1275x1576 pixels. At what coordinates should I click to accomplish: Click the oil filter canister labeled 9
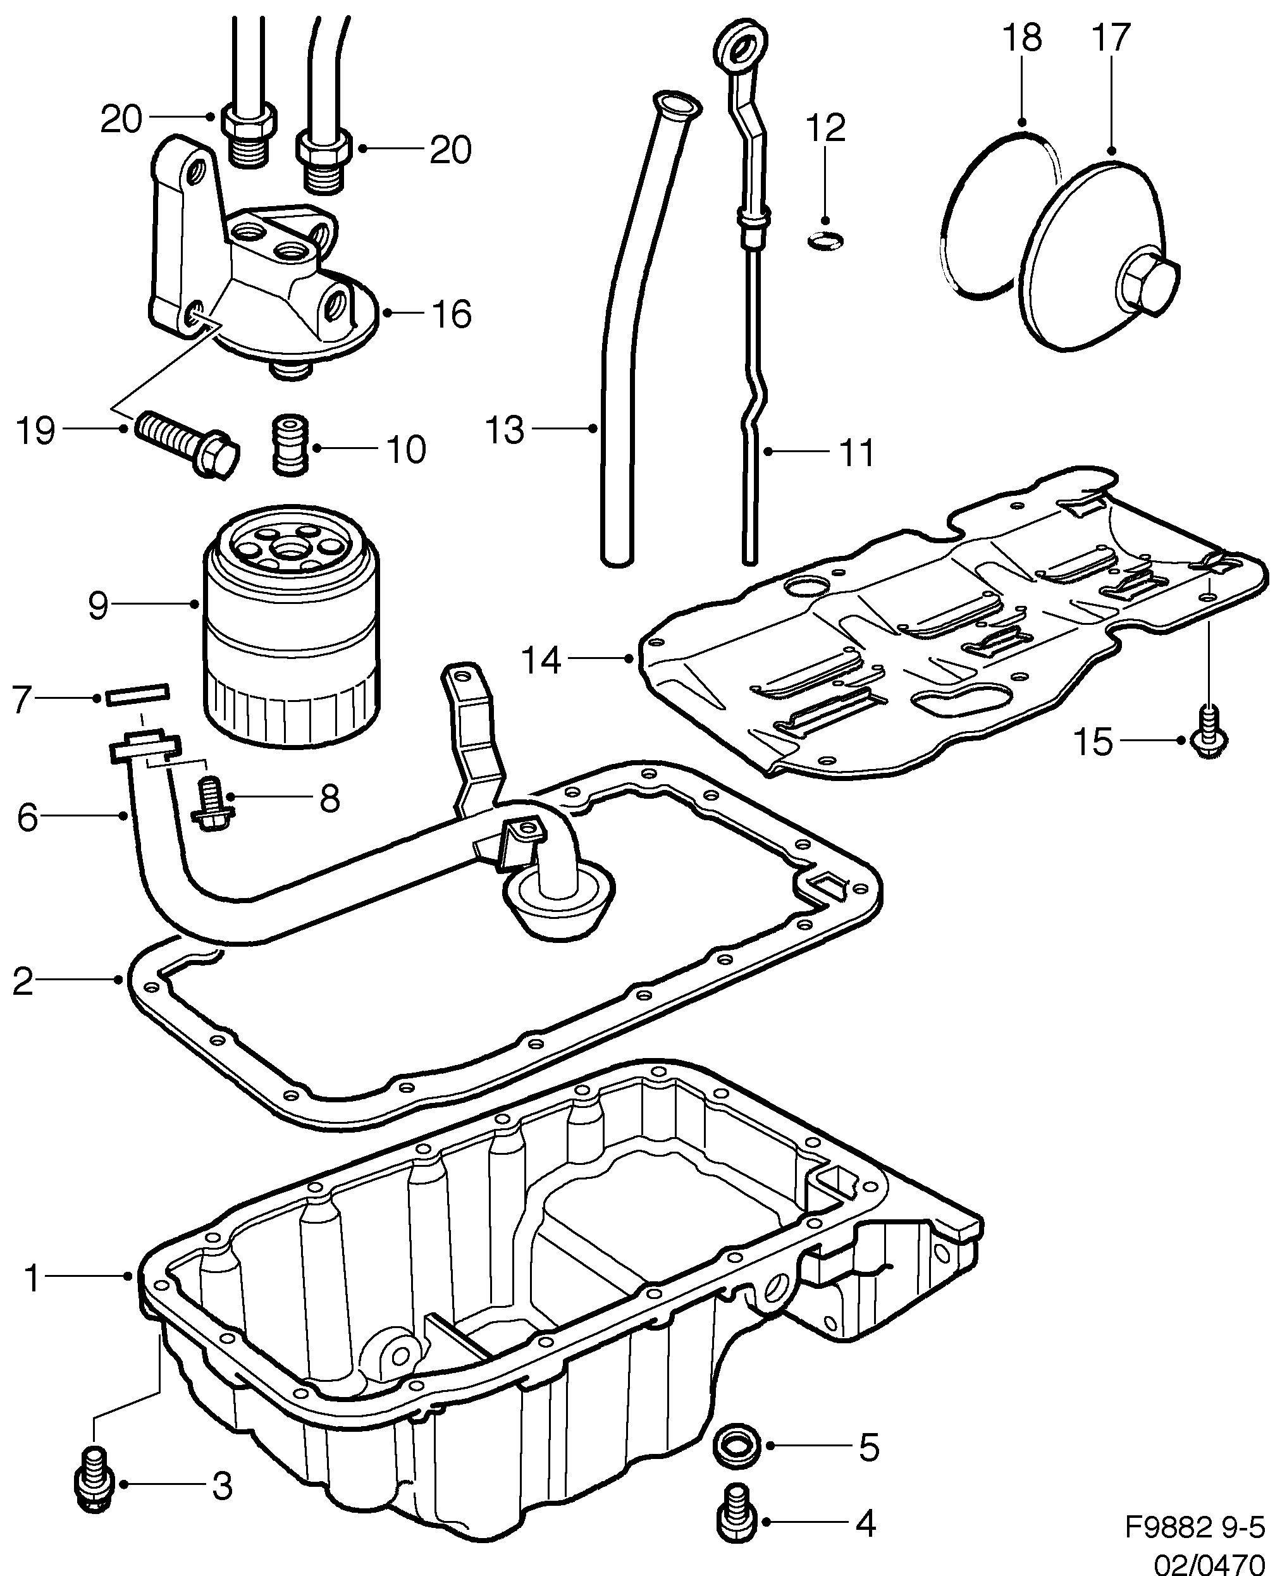pyautogui.click(x=291, y=632)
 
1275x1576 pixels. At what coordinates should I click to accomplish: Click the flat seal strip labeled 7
pyautogui.click(x=138, y=693)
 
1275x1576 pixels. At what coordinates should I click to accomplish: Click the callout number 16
pyautogui.click(x=451, y=314)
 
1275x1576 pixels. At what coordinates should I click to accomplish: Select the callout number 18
pyautogui.click(x=1021, y=38)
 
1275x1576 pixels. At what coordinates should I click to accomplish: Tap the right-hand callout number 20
pyautogui.click(x=450, y=150)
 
